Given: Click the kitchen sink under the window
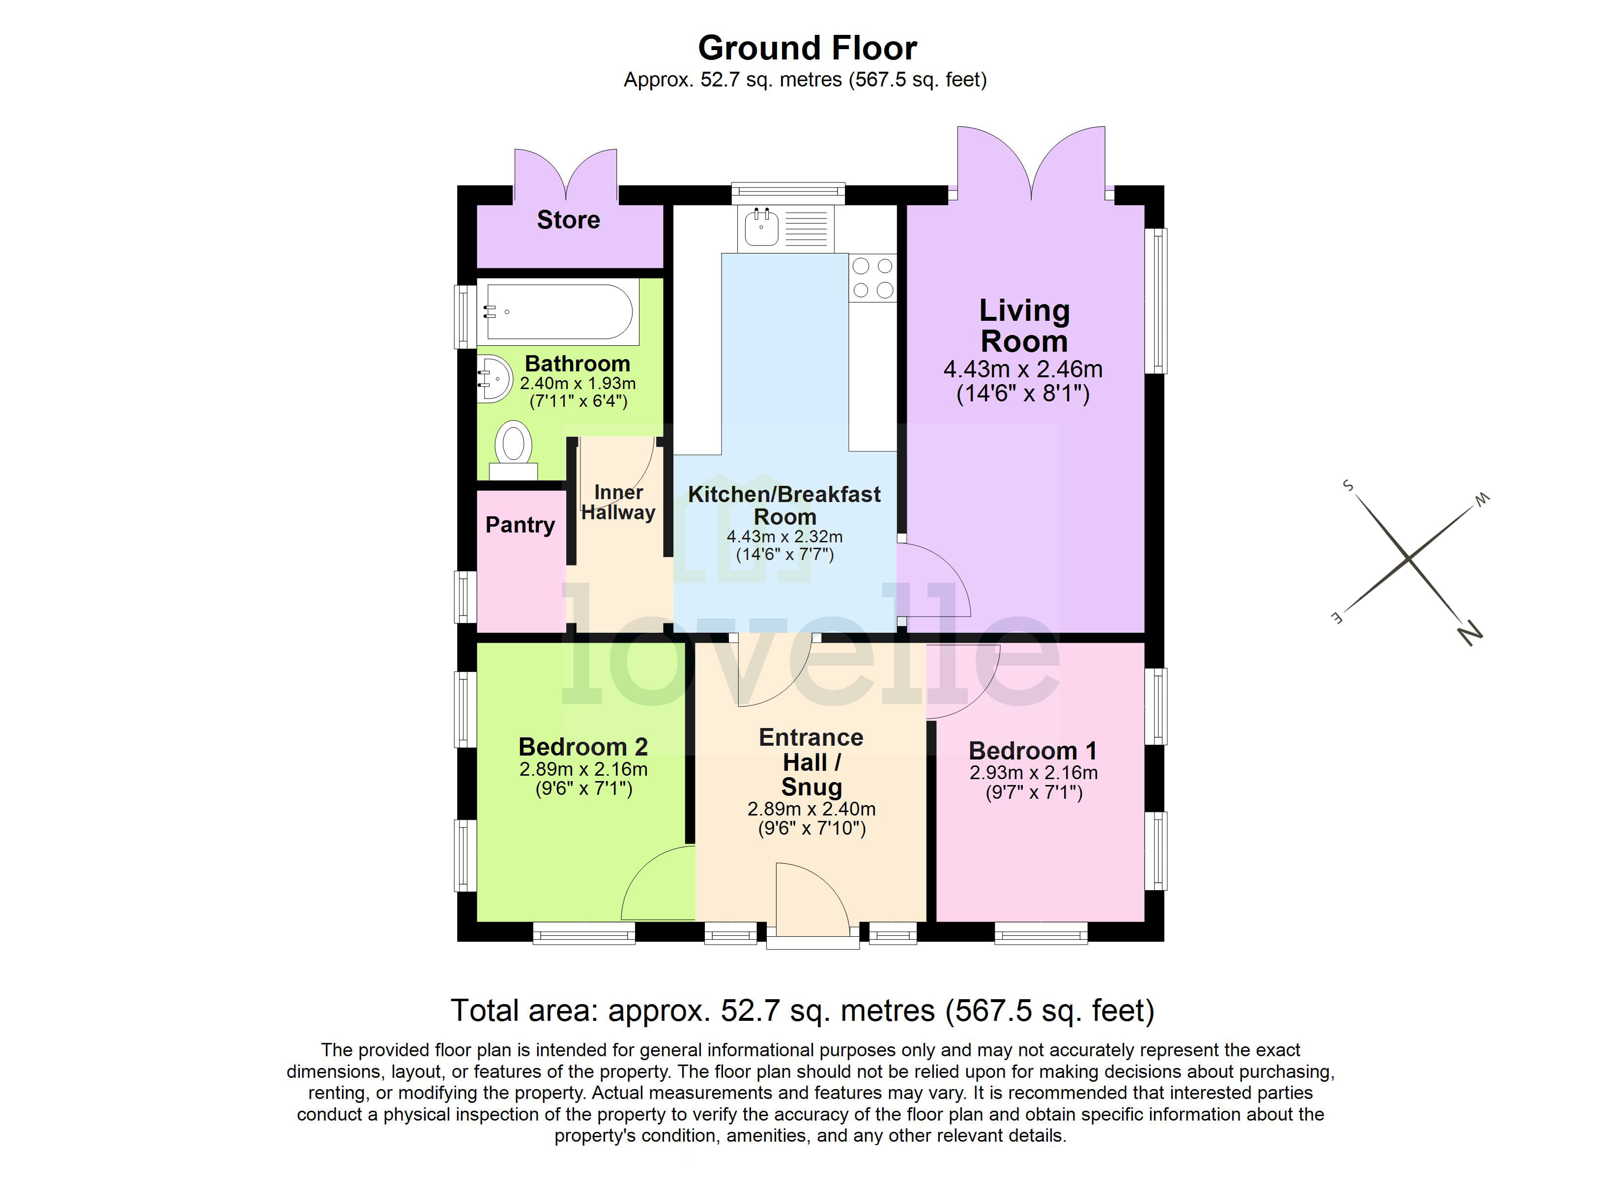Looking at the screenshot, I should point(762,228).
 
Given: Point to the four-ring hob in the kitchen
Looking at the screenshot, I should point(872,278).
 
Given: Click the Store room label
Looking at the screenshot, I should point(569,220).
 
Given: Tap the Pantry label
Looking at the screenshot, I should point(520,525).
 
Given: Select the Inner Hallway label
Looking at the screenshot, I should point(618,503).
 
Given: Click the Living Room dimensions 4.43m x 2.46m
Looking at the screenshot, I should point(1023,369).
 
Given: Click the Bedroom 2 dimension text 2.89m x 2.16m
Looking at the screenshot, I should point(583,769).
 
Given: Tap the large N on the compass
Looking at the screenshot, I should point(1470,632).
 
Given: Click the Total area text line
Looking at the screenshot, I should point(803,1011).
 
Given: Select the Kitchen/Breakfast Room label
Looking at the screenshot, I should point(784,505).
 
